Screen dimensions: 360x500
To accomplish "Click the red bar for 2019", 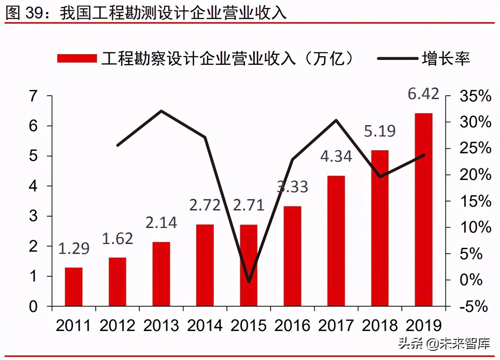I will pyautogui.click(x=423, y=210).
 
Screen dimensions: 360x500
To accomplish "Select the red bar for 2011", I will pyautogui.click(x=74, y=287).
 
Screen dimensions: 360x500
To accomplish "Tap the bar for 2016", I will pyautogui.click(x=292, y=256).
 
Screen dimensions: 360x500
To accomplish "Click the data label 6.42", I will pyautogui.click(x=423, y=94).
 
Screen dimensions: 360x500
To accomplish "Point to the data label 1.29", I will pyautogui.click(x=74, y=248).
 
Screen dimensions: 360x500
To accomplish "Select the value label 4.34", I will pyautogui.click(x=336, y=156).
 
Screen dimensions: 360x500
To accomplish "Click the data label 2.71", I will pyautogui.click(x=248, y=205).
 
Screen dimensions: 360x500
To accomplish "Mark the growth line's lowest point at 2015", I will pyautogui.click(x=249, y=282).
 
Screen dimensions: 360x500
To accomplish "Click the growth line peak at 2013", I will pyautogui.click(x=161, y=111).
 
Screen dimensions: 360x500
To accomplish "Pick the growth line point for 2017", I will pyautogui.click(x=336, y=121).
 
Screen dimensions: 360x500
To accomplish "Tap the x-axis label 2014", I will pyautogui.click(x=205, y=326).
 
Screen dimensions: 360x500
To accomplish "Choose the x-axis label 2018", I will pyautogui.click(x=380, y=326).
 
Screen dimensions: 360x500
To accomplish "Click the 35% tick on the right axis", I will pyautogui.click(x=475, y=96).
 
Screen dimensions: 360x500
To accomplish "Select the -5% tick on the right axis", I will pyautogui.click(x=474, y=307).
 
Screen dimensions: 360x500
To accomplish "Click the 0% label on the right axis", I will pyautogui.click(x=471, y=280).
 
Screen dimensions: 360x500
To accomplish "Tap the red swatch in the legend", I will pyautogui.click(x=77, y=58).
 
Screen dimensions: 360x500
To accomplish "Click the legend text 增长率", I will pyautogui.click(x=446, y=58).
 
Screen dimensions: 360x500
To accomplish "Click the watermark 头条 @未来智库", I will pyautogui.click(x=444, y=343).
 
